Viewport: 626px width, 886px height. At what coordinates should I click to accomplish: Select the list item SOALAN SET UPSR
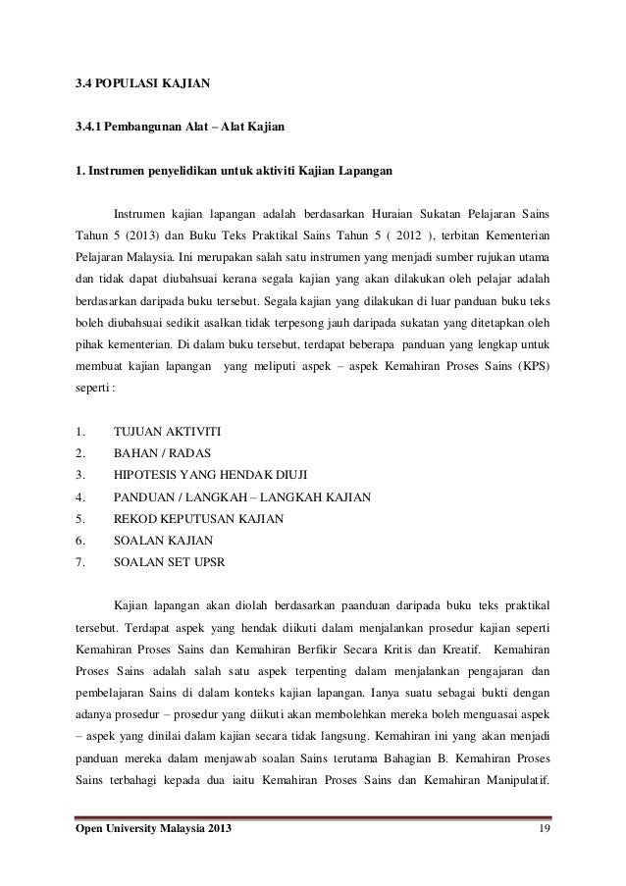[168, 562]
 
